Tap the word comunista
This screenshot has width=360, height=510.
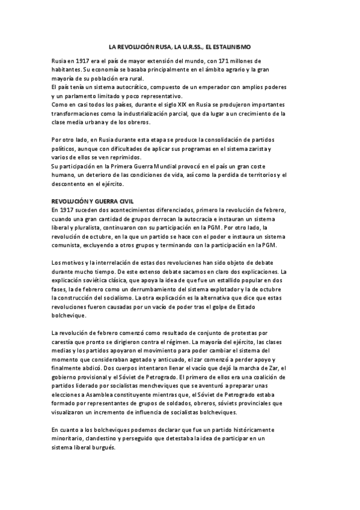pos(69,247)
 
